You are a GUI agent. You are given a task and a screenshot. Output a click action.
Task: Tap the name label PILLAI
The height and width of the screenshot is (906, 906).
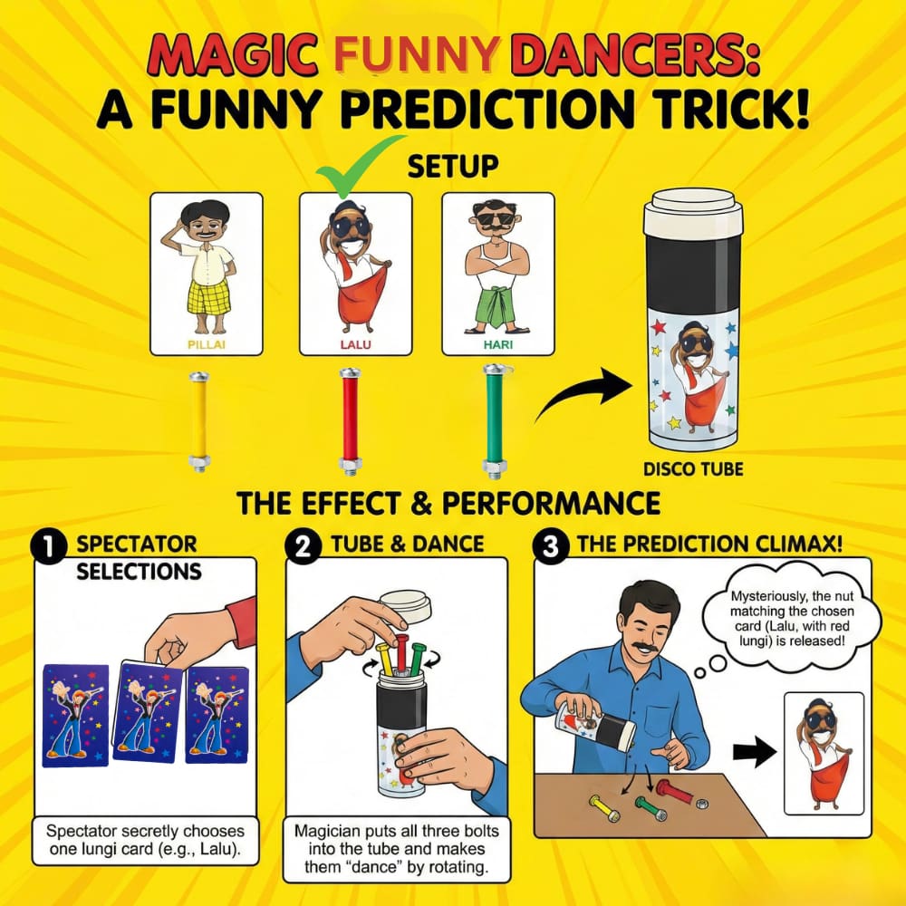(x=207, y=345)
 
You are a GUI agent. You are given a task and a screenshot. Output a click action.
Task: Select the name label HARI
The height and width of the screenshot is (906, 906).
(x=498, y=345)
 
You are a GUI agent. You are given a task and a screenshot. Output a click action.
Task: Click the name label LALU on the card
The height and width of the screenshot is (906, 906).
(x=355, y=345)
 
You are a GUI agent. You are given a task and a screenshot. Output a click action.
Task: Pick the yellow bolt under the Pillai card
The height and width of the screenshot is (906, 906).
(x=199, y=422)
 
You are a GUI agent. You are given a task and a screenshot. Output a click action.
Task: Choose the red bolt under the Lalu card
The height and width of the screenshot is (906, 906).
(x=350, y=422)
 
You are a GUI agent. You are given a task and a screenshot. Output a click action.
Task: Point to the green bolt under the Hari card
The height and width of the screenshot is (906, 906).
(x=496, y=422)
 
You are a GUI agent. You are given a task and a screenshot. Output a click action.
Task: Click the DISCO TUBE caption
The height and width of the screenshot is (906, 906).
(x=693, y=468)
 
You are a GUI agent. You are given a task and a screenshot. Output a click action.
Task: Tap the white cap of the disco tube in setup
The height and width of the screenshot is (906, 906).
(x=693, y=211)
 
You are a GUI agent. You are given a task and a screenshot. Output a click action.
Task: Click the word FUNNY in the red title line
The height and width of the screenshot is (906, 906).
(x=416, y=53)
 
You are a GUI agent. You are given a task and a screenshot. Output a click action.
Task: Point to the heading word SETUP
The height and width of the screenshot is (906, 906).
(x=453, y=166)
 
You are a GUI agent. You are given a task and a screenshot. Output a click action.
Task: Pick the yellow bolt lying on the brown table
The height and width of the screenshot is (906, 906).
(x=604, y=808)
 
